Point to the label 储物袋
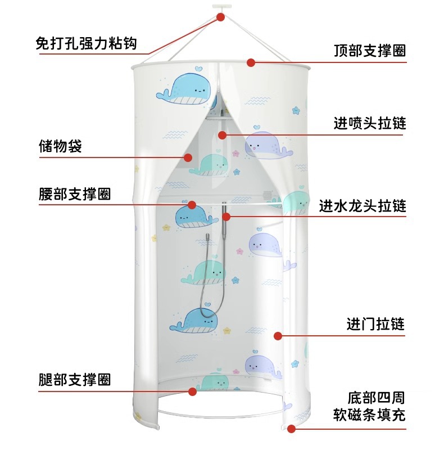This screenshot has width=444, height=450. click(60, 147)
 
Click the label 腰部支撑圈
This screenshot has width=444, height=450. click(75, 194)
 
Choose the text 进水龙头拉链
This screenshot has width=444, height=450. click(362, 205)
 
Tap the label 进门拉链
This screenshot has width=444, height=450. click(375, 325)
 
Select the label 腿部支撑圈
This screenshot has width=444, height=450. click(75, 379)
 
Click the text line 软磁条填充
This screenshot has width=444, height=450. click(369, 416)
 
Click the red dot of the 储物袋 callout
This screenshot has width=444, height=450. click(189, 158)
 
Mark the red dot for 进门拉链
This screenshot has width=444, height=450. click(277, 336)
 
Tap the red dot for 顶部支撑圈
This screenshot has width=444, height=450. click(251, 62)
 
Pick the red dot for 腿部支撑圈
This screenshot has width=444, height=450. click(192, 391)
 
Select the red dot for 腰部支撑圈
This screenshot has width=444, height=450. click(192, 205)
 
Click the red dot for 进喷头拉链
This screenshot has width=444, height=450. click(222, 135)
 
